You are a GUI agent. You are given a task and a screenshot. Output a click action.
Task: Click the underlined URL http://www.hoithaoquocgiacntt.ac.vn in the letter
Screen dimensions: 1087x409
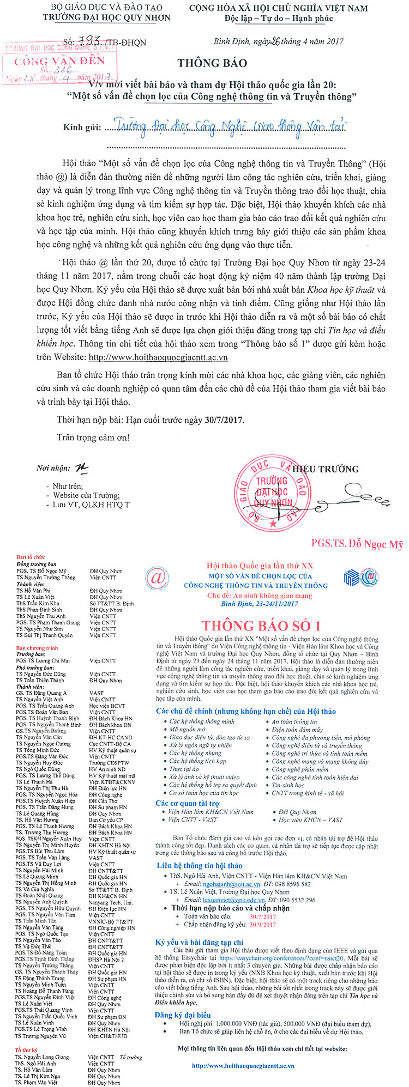(158, 357)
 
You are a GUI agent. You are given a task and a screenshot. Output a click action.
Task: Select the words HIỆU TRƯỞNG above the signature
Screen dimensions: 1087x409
(326, 469)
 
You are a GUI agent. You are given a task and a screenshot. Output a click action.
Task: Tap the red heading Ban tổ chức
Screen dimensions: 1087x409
(31, 557)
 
